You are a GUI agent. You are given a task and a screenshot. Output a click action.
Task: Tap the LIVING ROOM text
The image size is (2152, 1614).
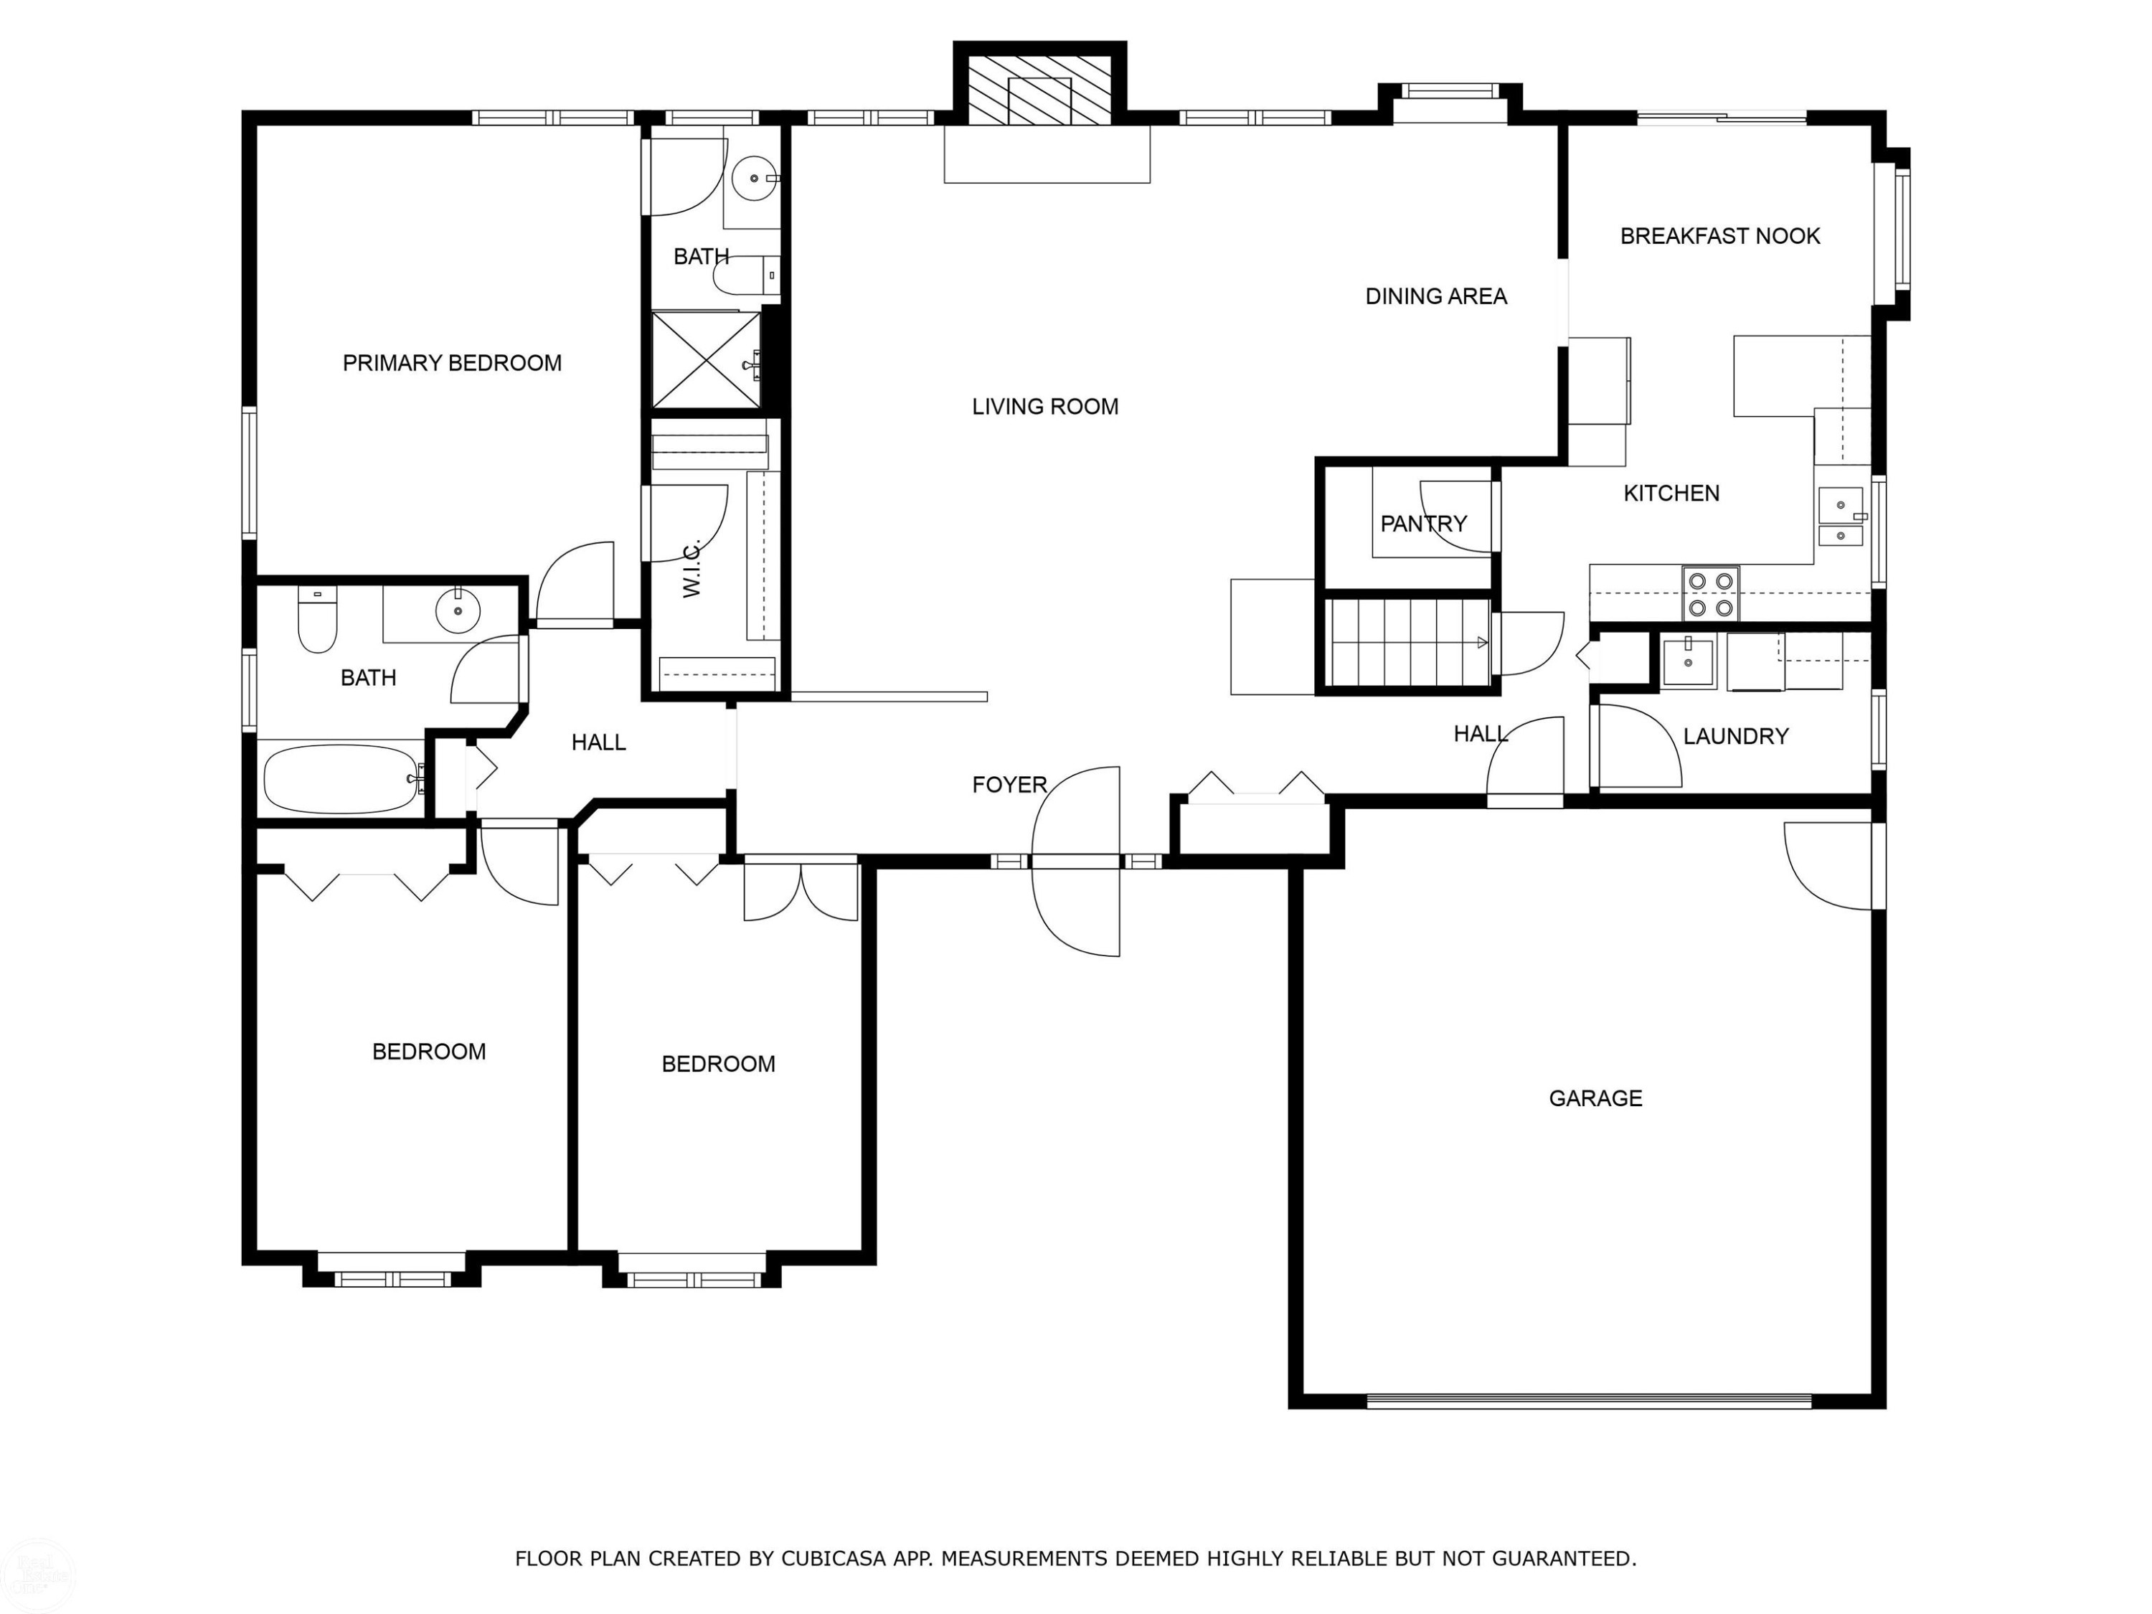pos(1045,407)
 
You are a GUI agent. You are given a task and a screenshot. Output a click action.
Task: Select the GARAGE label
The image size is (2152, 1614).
pos(1595,1098)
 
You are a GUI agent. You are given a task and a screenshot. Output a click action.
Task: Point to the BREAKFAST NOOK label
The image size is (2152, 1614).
pos(1720,235)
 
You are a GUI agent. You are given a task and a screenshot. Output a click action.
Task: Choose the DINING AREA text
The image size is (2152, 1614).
pos(1436,296)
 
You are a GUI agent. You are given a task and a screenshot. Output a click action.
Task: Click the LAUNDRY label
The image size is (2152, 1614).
pos(1736,737)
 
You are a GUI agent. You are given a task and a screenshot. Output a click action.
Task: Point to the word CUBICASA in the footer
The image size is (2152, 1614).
pos(834,1559)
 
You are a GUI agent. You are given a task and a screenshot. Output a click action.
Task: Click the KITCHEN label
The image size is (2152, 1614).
pos(1671,494)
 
